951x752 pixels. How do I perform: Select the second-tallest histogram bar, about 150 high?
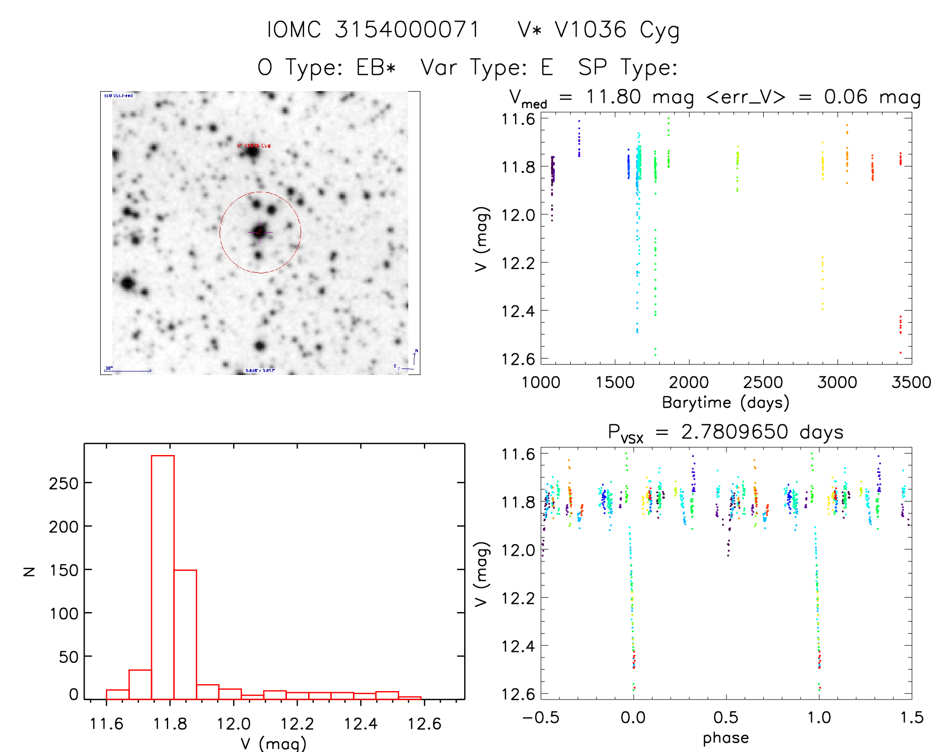coord(185,634)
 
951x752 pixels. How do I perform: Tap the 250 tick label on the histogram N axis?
coord(64,483)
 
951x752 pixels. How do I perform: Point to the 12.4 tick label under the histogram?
coord(360,724)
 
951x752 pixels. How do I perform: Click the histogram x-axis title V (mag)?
coord(273,743)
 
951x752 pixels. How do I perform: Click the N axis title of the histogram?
coord(29,571)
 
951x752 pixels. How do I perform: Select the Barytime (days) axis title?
coord(725,403)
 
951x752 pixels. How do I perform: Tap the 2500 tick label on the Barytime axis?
coord(763,383)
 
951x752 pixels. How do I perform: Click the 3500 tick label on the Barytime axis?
coord(911,383)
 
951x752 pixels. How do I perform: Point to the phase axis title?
coord(725,738)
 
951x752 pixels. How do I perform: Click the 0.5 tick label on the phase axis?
coord(725,718)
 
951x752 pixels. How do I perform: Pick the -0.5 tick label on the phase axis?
coord(541,718)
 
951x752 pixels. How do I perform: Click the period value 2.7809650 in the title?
coord(735,432)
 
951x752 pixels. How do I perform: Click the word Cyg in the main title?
coord(660,30)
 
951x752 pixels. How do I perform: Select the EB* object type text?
coord(376,67)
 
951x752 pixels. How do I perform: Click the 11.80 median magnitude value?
coord(613,97)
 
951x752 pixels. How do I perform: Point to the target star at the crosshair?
coord(260,232)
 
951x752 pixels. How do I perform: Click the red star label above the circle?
coord(254,145)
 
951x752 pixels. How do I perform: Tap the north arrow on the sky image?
coord(414,357)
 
